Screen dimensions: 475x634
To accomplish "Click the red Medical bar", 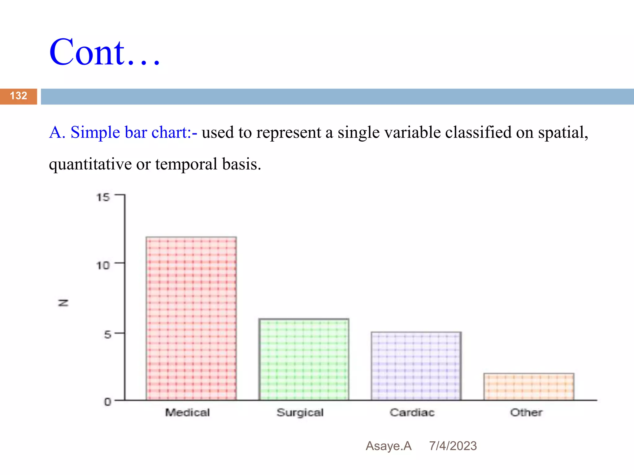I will pyautogui.click(x=191, y=319).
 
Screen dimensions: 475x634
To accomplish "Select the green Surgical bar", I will pyautogui.click(x=304, y=359).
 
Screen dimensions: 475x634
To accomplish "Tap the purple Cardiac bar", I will pyautogui.click(x=416, y=366).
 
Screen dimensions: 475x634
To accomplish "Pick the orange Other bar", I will pyautogui.click(x=529, y=387).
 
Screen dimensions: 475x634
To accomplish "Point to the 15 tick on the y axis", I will pyautogui.click(x=103, y=197).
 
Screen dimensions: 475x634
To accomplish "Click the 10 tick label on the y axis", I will pyautogui.click(x=103, y=265).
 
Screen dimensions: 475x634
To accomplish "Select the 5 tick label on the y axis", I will pyautogui.click(x=107, y=334).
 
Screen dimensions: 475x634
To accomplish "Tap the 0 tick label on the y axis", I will pyautogui.click(x=107, y=402).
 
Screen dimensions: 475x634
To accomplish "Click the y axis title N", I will pyautogui.click(x=63, y=303).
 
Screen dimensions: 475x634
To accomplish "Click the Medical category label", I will pyautogui.click(x=187, y=413).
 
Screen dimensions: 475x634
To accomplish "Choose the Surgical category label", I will pyautogui.click(x=300, y=413).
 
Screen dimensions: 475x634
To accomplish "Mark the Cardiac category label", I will pyautogui.click(x=412, y=413).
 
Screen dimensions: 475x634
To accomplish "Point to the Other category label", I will pyautogui.click(x=526, y=413).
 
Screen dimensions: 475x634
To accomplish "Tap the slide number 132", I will pyautogui.click(x=19, y=96).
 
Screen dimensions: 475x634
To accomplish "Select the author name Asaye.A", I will pyautogui.click(x=389, y=446).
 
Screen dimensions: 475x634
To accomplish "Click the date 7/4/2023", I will pyautogui.click(x=453, y=446).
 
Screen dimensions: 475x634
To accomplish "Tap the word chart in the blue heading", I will pyautogui.click(x=171, y=132).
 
